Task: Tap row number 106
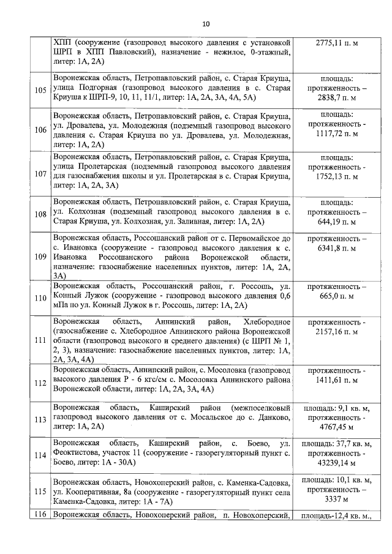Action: pyautogui.click(x=41, y=130)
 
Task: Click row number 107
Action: pyautogui.click(x=41, y=174)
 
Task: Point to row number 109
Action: pyautogui.click(x=41, y=256)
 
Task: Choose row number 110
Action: pyautogui.click(x=41, y=298)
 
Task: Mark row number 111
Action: pyautogui.click(x=41, y=340)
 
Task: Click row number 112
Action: pyautogui.click(x=41, y=383)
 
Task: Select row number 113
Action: pyautogui.click(x=41, y=419)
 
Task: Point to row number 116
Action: pyautogui.click(x=41, y=516)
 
